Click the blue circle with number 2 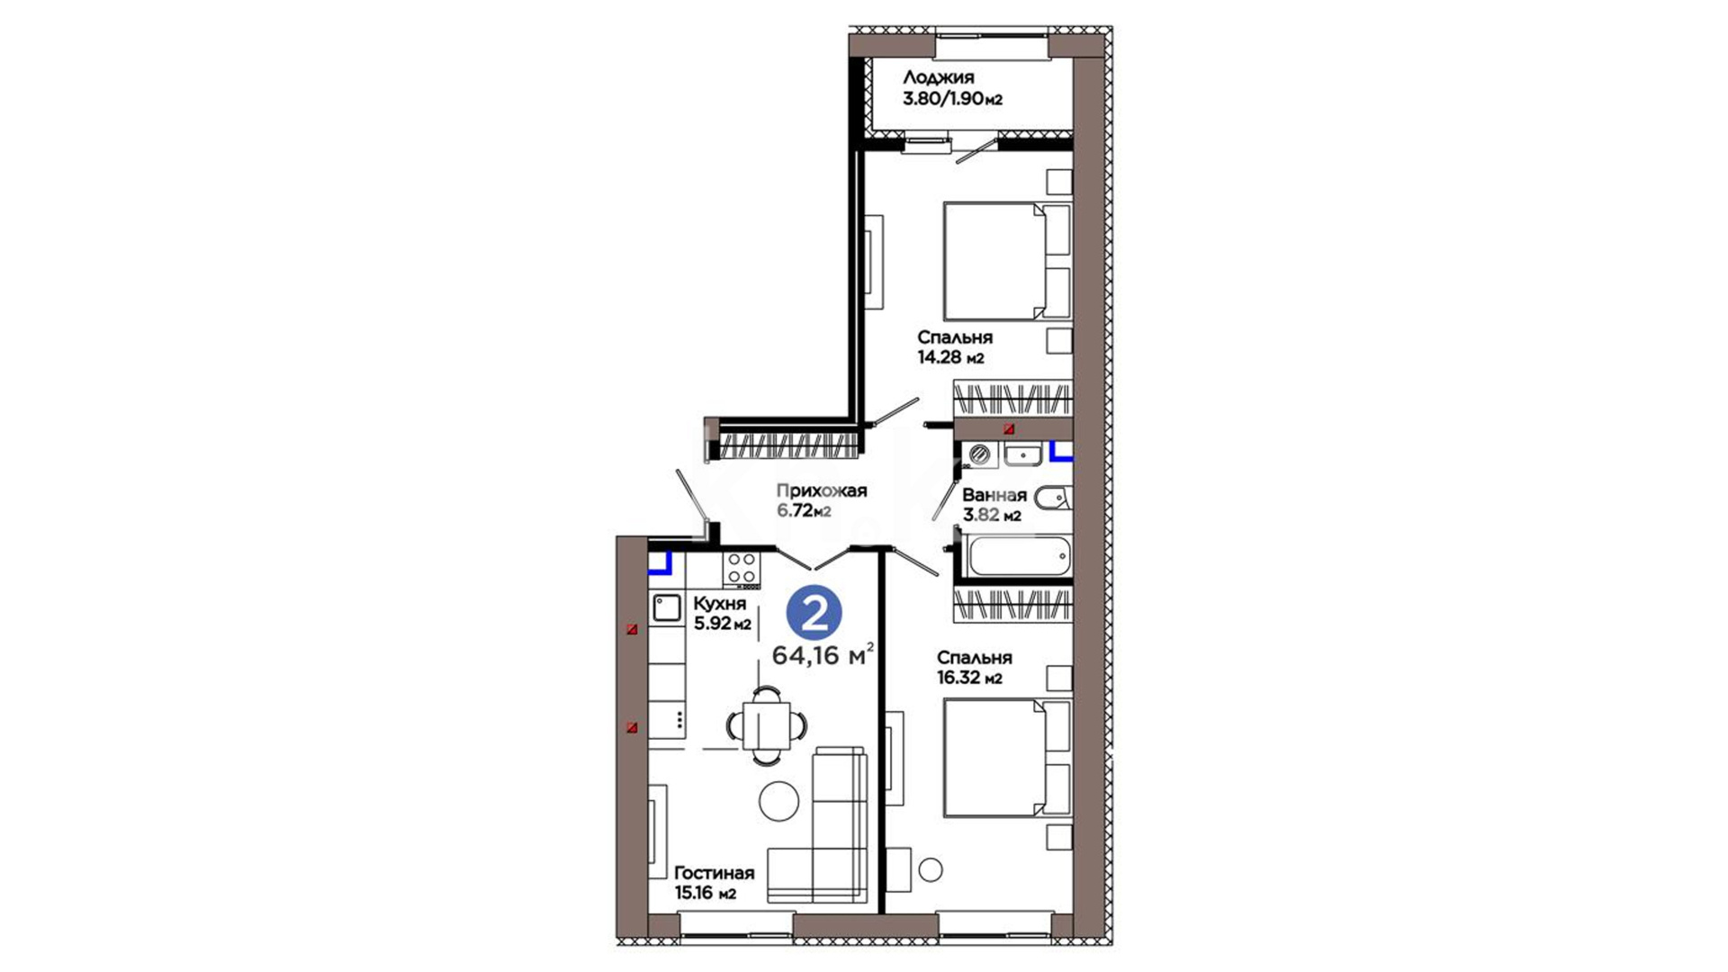pos(814,614)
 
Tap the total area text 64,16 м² pos(823,655)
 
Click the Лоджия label pos(939,77)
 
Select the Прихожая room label pos(822,490)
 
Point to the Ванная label pos(994,495)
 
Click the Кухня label pos(720,603)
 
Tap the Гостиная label pos(715,873)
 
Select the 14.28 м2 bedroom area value pos(950,357)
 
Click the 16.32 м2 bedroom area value pos(969,678)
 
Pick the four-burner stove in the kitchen pos(742,570)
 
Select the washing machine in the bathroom pos(980,455)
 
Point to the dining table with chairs pos(767,725)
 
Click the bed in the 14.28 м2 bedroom pos(1006,261)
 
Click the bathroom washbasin pos(1022,455)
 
